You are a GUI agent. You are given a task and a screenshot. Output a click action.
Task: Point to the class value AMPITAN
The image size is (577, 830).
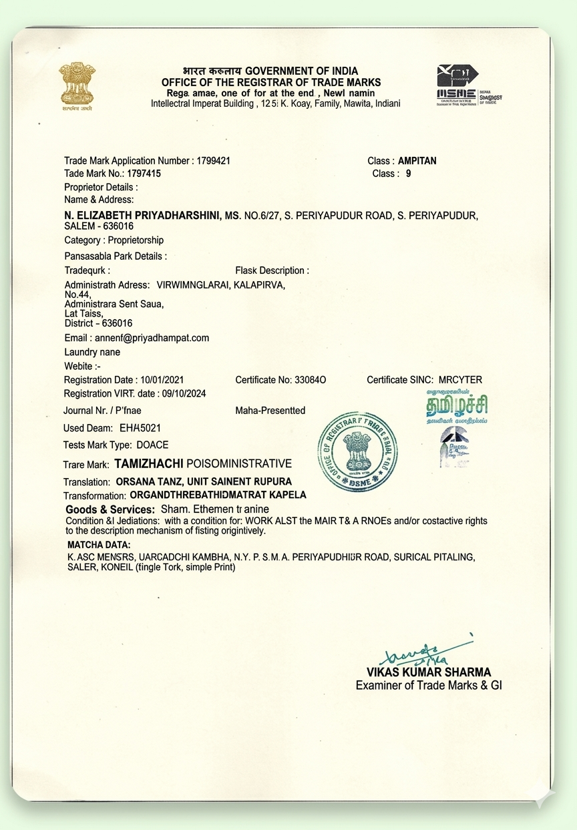click(x=417, y=161)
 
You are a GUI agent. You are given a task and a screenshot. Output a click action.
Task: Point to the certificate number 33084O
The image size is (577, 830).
click(x=311, y=380)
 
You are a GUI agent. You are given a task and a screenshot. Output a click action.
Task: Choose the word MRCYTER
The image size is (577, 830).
click(x=460, y=380)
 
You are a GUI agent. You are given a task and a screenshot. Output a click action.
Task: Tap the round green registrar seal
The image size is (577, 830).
click(x=357, y=451)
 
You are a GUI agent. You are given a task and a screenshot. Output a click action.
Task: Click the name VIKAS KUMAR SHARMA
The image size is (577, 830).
click(x=428, y=672)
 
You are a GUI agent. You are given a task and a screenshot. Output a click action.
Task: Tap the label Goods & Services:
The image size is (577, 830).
click(x=110, y=509)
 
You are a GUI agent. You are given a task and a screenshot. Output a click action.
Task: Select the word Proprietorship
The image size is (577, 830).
click(x=136, y=240)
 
